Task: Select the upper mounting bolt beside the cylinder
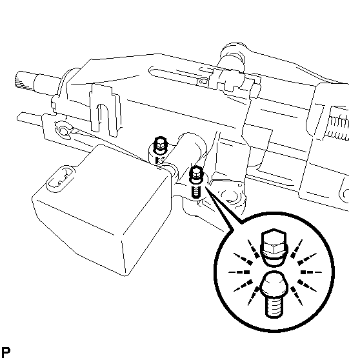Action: point(160,145)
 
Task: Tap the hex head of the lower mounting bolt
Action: point(195,174)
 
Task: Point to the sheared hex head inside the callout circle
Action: point(274,247)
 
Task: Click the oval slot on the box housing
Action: point(60,179)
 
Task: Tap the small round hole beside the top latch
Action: point(203,81)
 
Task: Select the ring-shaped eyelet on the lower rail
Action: point(64,130)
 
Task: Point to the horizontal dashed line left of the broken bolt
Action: point(239,272)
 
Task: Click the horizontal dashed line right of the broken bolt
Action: point(311,272)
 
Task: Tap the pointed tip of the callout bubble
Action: point(206,187)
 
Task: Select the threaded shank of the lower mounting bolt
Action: point(195,191)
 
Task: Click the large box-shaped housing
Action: point(102,210)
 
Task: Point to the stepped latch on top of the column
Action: point(227,79)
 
